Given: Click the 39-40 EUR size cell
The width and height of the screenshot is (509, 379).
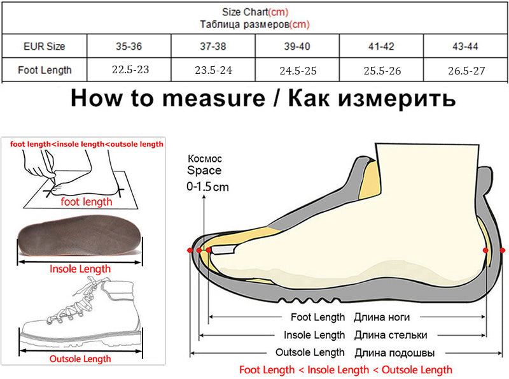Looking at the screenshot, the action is pos(297,46).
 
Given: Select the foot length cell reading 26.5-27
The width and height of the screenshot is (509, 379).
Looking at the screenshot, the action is pos(466,71).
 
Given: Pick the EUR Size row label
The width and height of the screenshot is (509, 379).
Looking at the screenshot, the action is pos(45,46).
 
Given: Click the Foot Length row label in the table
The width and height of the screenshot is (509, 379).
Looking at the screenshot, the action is pos(45,70).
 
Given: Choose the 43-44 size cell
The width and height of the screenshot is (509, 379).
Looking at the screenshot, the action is pos(465,46).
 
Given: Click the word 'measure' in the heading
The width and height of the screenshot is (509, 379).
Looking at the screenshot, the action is pos(214,99).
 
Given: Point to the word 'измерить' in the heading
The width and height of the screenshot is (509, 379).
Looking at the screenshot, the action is pos(396,99).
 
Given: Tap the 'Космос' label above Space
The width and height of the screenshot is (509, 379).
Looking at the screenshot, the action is pos(205,159).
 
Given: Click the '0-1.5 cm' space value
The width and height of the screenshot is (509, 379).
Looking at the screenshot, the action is pos(207,187).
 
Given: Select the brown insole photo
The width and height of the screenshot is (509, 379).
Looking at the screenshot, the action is pos(80,235).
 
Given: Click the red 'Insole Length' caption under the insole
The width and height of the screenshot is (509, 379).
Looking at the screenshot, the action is pos(80,269).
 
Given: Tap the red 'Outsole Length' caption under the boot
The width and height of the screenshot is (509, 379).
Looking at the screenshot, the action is pos(80,359).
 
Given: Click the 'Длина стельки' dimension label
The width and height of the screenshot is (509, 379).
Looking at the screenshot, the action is pos(391,335).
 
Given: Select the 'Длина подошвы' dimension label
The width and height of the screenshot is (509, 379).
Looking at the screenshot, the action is pos(394,353).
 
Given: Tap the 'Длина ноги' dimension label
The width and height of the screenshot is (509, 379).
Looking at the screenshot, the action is pos(382,317).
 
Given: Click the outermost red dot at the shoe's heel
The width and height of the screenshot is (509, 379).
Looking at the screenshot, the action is pos(502,250).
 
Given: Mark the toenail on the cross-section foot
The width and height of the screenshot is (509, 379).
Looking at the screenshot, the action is pos(223,250).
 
